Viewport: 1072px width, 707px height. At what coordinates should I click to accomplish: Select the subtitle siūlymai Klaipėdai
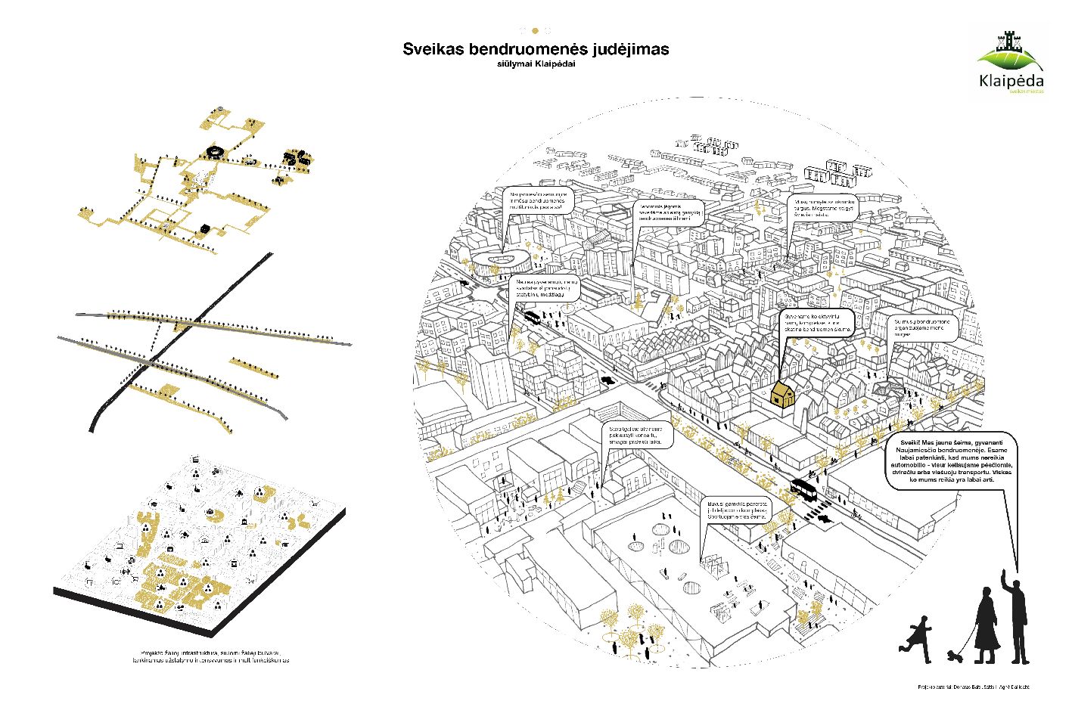[536, 64]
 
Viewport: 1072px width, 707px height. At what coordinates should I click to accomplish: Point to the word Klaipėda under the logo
[1011, 80]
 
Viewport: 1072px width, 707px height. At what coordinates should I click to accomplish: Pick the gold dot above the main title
[535, 31]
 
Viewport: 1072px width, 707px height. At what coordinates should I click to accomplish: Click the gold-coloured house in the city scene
[783, 395]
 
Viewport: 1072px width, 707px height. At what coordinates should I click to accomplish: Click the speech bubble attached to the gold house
[817, 323]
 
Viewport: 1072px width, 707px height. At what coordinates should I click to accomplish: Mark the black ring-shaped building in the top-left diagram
[215, 151]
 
